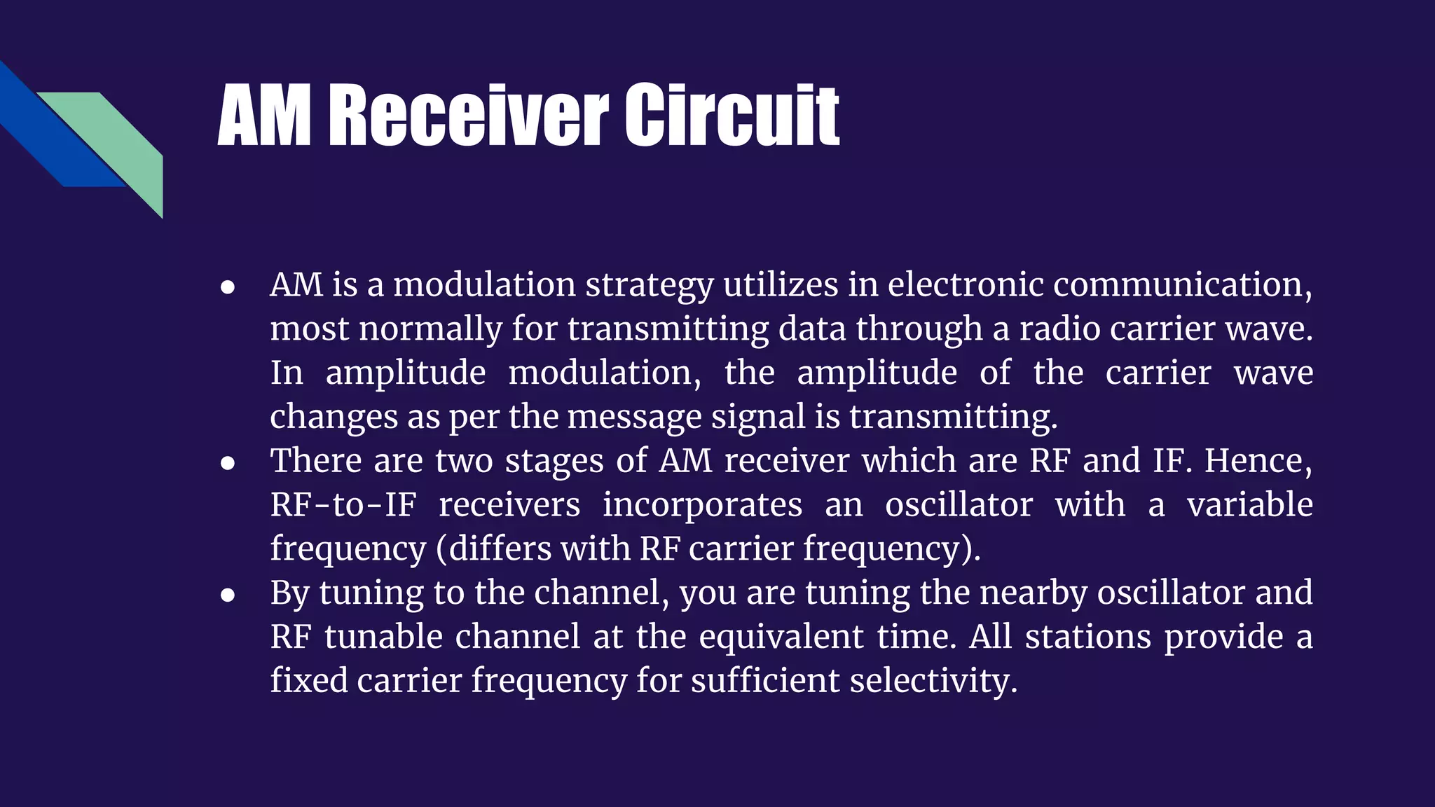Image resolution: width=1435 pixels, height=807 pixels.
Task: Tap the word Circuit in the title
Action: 732,115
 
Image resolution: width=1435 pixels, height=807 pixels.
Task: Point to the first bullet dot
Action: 227,287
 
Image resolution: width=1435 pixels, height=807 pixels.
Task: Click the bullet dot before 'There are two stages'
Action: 227,463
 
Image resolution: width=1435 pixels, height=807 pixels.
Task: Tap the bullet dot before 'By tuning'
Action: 227,595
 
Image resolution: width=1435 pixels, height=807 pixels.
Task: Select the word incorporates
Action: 702,506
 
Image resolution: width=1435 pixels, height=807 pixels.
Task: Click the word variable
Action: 1249,504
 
